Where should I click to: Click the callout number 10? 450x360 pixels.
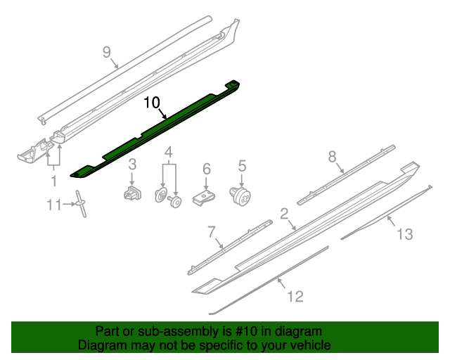[152, 103]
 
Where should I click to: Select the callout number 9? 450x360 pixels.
[106, 52]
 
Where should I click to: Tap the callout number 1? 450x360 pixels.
[53, 181]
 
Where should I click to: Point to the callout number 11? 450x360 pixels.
[54, 205]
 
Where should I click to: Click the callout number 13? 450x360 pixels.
[405, 234]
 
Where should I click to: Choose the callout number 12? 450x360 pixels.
[295, 296]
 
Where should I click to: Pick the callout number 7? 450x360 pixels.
[211, 231]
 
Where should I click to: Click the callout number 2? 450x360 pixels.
[284, 214]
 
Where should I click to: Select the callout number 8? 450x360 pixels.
[332, 157]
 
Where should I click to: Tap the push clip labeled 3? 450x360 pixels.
[132, 193]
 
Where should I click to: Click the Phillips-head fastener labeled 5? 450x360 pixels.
[240, 196]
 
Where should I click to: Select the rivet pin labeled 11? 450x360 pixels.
[81, 203]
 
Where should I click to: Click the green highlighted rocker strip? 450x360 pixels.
[155, 129]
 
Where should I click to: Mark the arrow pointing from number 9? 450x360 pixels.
[114, 63]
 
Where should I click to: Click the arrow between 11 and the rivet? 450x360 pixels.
[69, 204]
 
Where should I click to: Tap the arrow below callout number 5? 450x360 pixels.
[242, 181]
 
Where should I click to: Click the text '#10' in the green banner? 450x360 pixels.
[245, 331]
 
